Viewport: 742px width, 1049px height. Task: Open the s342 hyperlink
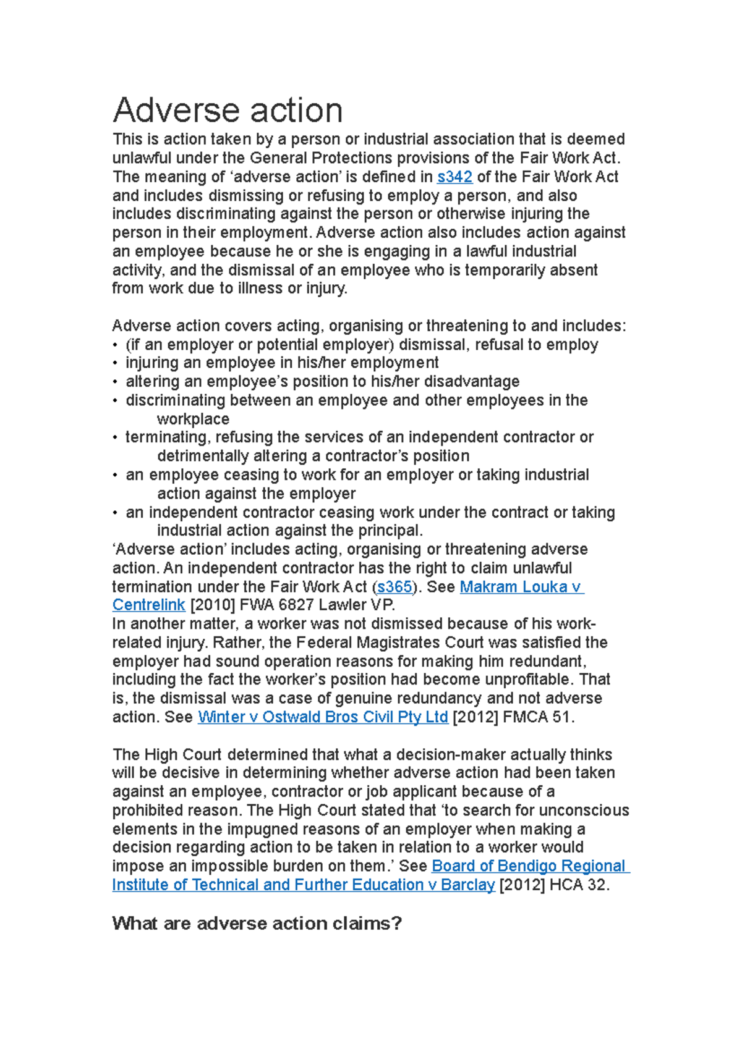click(x=454, y=177)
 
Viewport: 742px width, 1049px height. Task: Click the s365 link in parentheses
click(x=394, y=586)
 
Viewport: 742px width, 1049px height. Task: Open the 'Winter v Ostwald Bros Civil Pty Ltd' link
click(x=323, y=717)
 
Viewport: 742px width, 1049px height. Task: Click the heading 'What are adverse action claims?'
click(x=257, y=923)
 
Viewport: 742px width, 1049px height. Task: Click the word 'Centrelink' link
click(x=148, y=605)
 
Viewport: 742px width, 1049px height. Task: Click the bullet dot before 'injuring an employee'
click(x=115, y=363)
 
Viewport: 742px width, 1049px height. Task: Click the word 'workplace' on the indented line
click(x=193, y=419)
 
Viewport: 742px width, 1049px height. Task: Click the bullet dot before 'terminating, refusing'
click(x=115, y=437)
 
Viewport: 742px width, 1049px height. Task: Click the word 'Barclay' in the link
click(x=467, y=885)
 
